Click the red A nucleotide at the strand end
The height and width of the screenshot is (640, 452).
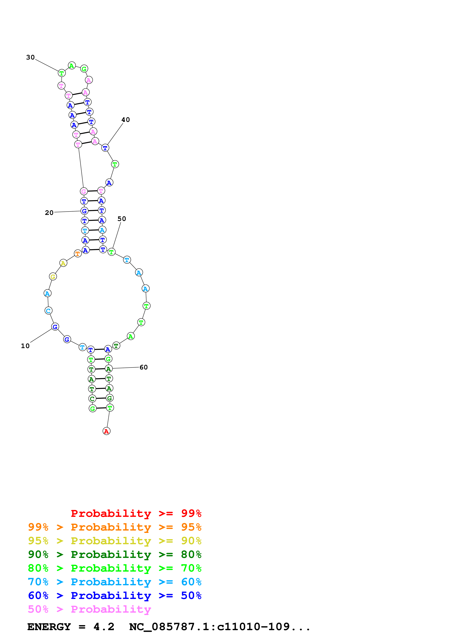point(106,431)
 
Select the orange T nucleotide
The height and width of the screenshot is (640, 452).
point(78,254)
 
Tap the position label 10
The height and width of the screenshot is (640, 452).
point(25,346)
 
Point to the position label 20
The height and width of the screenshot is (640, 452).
point(49,213)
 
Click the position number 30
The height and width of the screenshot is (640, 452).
point(30,57)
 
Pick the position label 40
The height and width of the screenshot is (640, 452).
point(126,120)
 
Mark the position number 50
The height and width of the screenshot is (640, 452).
point(122,219)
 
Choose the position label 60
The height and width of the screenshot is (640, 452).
point(144,367)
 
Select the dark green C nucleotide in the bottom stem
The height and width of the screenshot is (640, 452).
point(92,399)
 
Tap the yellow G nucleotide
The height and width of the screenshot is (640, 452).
point(53,277)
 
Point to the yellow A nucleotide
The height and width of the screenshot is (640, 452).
point(63,263)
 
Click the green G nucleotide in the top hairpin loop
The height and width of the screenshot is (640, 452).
point(84,69)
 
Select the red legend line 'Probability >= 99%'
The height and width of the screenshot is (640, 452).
point(136,513)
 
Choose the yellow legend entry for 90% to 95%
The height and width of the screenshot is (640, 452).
point(115,541)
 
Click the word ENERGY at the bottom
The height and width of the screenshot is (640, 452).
point(49,627)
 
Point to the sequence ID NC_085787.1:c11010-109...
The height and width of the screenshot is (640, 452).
point(220,627)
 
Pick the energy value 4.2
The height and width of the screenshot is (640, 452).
point(104,627)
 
